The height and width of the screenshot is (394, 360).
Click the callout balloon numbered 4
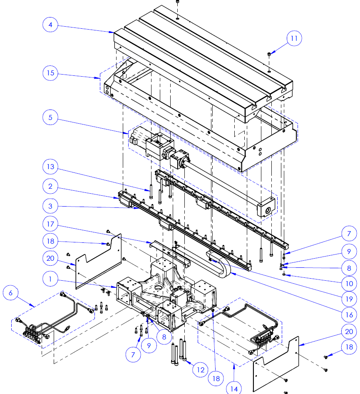[50, 25]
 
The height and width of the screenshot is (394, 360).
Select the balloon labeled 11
[294, 39]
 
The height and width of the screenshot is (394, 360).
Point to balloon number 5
[50, 117]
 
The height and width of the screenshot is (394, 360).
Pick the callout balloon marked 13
[50, 167]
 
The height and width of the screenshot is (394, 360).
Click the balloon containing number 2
[50, 187]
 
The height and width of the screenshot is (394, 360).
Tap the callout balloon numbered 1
[50, 279]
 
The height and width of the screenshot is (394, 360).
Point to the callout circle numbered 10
[349, 284]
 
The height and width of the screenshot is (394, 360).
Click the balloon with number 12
[200, 369]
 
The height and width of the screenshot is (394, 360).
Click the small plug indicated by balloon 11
[269, 54]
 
